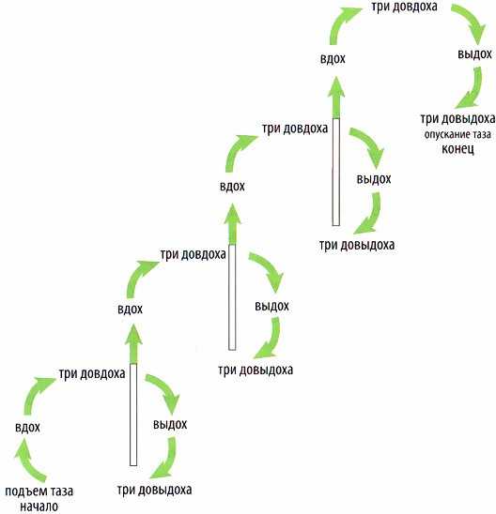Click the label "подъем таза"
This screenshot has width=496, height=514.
pos(39,491)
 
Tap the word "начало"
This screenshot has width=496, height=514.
pos(39,506)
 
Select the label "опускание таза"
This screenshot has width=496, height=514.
pos(457,134)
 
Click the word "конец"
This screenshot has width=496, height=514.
pos(457,149)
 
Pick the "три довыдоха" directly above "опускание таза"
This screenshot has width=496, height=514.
pos(457,119)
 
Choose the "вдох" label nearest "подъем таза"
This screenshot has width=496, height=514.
pos(27,428)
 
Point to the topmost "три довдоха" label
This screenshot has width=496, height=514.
pos(404,7)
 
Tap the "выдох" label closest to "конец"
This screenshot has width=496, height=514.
pos(474,54)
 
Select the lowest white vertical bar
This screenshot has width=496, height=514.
pos(133,415)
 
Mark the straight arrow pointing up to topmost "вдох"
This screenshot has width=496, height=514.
pos(335,98)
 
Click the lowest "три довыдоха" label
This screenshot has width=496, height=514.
pos(155,490)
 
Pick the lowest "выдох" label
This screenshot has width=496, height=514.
pos(170,425)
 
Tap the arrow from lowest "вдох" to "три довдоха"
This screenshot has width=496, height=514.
pos(35,393)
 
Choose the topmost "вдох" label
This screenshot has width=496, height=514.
pos(333,59)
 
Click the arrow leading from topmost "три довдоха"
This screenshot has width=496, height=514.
pos(473,21)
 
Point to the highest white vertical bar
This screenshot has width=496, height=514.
pos(335,172)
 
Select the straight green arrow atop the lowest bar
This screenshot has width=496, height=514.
pos(133,344)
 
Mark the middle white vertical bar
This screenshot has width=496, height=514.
pos(232,297)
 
